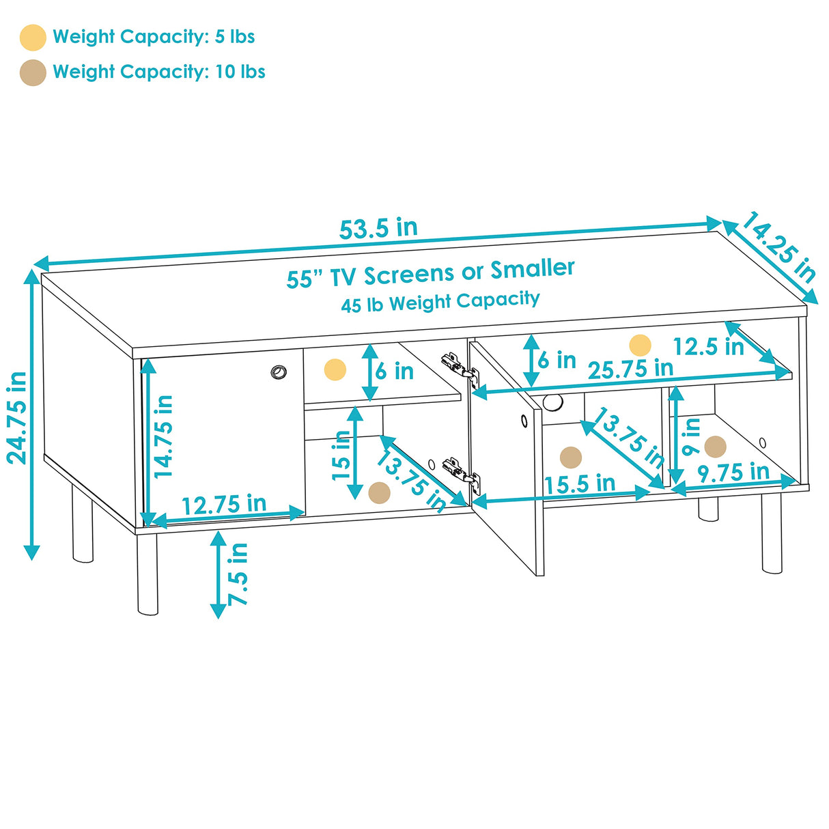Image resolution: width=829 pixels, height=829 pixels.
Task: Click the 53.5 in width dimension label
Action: point(378,229)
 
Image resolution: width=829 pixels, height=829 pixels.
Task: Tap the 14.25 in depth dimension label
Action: point(779,248)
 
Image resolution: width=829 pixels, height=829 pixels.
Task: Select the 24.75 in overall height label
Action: point(17,418)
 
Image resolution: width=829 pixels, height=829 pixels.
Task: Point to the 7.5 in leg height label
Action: point(238,574)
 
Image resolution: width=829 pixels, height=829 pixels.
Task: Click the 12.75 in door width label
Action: point(224,505)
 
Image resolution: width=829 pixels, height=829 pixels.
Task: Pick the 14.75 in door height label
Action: point(164,436)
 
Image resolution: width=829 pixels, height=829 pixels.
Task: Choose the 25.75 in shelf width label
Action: point(630,369)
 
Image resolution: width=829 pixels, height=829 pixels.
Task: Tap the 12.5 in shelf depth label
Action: point(708,347)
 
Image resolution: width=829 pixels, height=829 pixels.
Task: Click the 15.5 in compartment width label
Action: point(580,484)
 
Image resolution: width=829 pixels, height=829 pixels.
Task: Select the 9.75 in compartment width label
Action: point(733,472)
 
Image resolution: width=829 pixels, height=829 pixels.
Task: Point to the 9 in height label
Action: point(691,437)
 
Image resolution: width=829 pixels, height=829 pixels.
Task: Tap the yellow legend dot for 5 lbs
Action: point(33,38)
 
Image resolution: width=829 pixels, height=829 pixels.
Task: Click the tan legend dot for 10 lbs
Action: point(33,72)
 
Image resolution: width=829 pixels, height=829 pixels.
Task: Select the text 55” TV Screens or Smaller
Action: point(430,273)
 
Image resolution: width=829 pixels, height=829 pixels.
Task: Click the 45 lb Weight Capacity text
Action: point(440,302)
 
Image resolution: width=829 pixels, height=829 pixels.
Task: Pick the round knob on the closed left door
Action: point(279,372)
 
